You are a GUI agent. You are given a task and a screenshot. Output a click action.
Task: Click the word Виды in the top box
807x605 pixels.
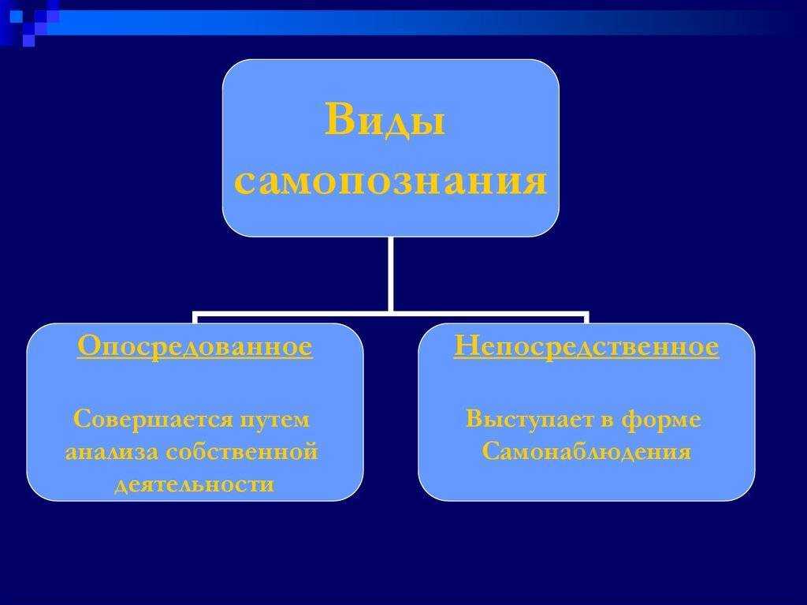[x=385, y=121]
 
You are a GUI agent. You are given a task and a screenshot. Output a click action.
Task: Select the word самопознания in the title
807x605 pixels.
[x=390, y=181]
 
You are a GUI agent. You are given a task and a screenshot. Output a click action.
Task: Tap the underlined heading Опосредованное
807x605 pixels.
[x=195, y=347]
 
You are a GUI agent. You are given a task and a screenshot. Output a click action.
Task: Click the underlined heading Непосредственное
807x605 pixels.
[x=586, y=347]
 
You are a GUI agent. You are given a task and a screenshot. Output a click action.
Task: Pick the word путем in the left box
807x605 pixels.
[x=275, y=420]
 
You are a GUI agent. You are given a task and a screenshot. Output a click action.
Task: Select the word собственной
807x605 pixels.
[x=242, y=451]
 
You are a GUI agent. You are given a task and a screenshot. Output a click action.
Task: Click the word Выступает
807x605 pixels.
[x=530, y=420]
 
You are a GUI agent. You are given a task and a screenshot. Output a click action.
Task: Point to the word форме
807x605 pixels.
[x=661, y=420]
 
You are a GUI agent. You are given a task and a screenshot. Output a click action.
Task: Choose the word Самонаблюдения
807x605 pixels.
[x=586, y=452]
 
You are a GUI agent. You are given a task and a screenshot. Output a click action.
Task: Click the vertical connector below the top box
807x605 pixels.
[x=391, y=274]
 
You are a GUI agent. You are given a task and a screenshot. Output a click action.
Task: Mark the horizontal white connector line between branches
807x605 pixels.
[x=391, y=313]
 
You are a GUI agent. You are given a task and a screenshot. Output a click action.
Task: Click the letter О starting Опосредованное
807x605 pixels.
[x=88, y=345]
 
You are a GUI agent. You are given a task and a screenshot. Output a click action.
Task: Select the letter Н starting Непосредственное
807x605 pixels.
[x=467, y=345]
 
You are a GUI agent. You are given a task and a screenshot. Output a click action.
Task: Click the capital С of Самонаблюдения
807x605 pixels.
[x=491, y=451]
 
